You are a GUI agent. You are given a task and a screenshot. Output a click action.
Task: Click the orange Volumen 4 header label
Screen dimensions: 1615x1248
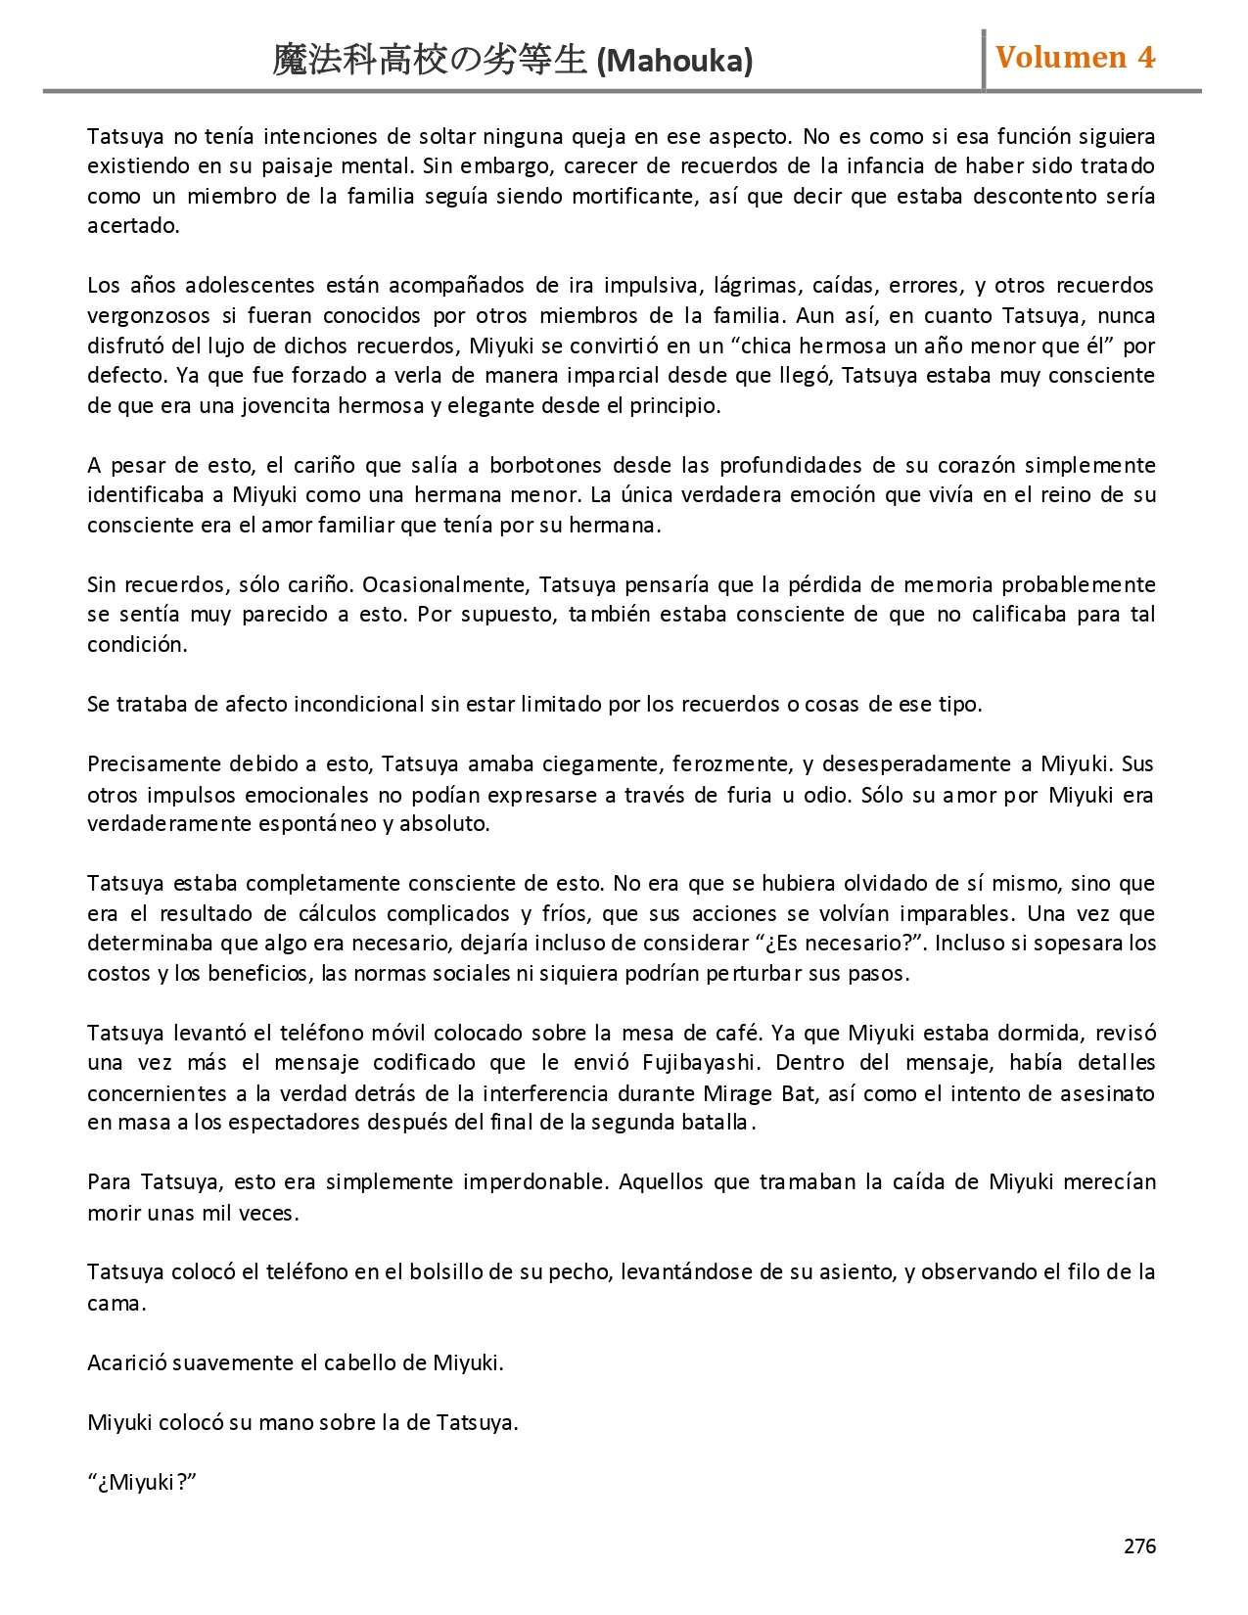[1075, 58]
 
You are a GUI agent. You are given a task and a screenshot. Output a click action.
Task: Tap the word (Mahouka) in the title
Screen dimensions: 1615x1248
[674, 62]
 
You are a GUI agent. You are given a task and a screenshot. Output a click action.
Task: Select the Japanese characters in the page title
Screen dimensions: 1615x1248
[430, 61]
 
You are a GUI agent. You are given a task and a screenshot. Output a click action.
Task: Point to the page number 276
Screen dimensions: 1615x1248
[1139, 1546]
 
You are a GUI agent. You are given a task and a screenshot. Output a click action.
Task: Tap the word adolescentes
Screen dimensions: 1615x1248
[250, 286]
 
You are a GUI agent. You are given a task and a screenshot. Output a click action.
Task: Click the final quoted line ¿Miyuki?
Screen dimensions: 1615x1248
[142, 1483]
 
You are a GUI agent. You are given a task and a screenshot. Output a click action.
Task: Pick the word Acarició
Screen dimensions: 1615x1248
[127, 1363]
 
